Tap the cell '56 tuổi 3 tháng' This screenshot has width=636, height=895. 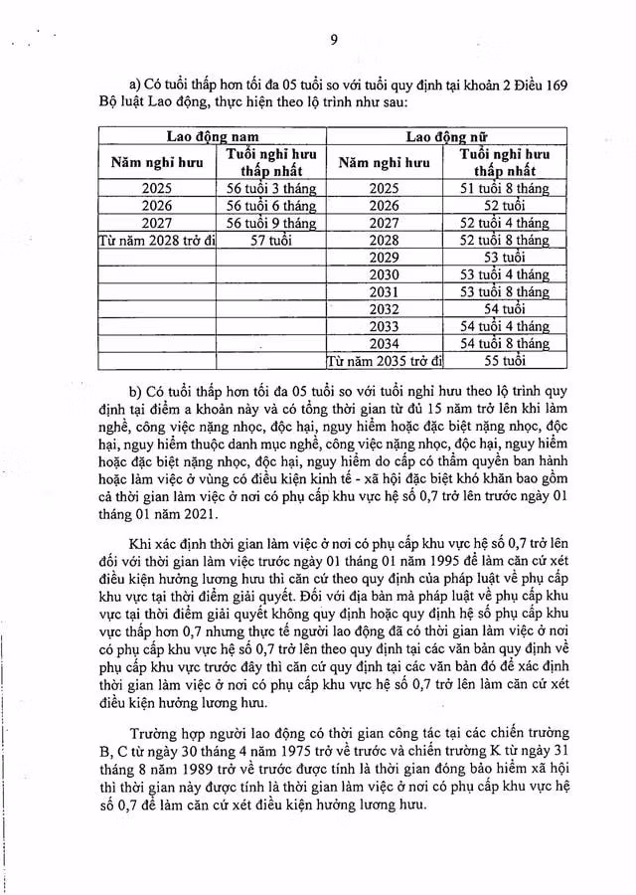pyautogui.click(x=271, y=189)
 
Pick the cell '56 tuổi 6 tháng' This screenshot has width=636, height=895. pyautogui.click(x=271, y=206)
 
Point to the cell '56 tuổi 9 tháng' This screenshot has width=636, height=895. pyautogui.click(x=271, y=223)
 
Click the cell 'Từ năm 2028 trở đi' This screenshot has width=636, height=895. pyautogui.click(x=155, y=240)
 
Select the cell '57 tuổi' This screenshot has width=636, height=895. pyautogui.click(x=271, y=240)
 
